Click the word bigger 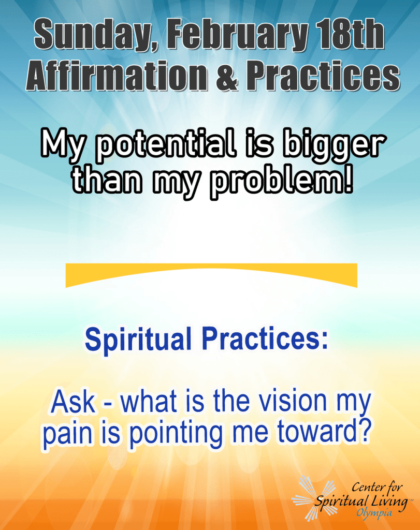tap(334, 145)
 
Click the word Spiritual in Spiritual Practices tap(138, 339)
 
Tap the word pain tap(67, 434)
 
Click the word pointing tap(177, 434)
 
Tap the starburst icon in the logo tap(313, 497)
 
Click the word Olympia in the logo tap(374, 513)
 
